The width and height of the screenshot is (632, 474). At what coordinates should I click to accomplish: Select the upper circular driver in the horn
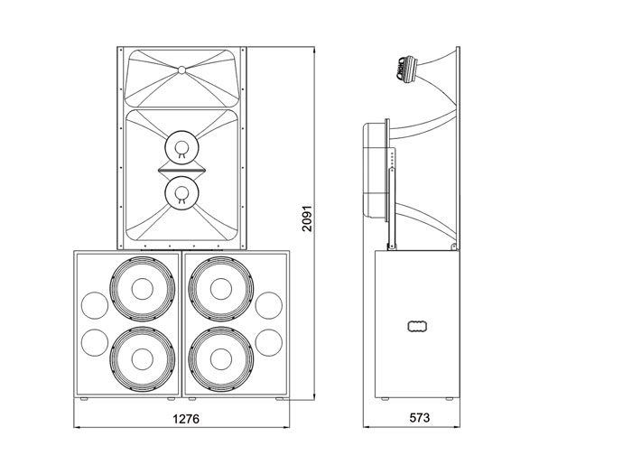point(181,146)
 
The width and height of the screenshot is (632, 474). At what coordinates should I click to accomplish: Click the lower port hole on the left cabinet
point(93,342)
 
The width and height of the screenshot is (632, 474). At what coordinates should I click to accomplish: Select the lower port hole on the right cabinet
point(269,342)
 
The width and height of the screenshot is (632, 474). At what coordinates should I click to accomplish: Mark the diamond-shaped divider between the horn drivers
point(181,169)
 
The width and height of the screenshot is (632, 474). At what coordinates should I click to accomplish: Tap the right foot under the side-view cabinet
point(449,398)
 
